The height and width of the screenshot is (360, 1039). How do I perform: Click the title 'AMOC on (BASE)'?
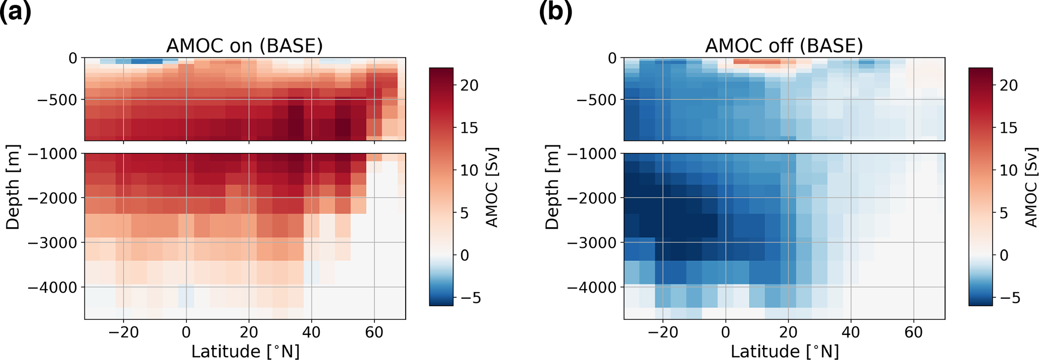[x=244, y=46]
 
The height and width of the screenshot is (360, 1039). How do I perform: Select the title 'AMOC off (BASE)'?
[x=784, y=46]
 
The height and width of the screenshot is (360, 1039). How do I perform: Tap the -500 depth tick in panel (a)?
[x=58, y=100]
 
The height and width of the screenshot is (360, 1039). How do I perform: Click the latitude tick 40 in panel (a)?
[x=312, y=332]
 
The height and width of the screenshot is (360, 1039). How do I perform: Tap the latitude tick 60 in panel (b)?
[x=913, y=332]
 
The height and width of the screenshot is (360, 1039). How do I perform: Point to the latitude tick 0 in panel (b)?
[x=725, y=332]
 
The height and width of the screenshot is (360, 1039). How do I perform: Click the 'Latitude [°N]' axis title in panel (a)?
[x=245, y=351]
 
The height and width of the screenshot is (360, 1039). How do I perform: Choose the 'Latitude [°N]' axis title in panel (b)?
[x=785, y=351]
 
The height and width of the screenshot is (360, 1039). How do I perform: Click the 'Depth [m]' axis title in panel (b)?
[x=552, y=187]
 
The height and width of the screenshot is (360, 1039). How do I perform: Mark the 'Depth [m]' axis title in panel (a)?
[x=13, y=187]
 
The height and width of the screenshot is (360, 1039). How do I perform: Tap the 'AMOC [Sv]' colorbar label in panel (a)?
[x=492, y=187]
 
